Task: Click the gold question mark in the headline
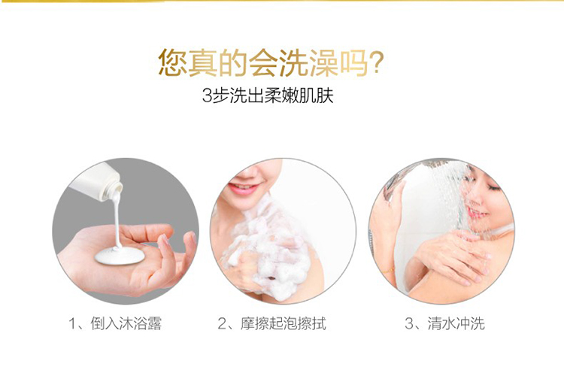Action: pos(377,62)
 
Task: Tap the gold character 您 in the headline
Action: pos(172,62)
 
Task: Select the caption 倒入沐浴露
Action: pos(126,324)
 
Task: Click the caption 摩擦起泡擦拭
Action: pos(284,324)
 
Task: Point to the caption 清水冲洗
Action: pos(456,324)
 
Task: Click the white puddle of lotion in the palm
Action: pos(120,256)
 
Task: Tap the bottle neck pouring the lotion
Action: pos(114,190)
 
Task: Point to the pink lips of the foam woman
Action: pos(244,189)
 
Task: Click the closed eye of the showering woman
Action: pos(496,187)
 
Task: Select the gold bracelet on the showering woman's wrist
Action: pos(389,270)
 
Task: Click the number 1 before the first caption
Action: pos(72,324)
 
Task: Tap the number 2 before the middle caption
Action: pos(223,324)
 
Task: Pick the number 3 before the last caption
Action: pos(410,324)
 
